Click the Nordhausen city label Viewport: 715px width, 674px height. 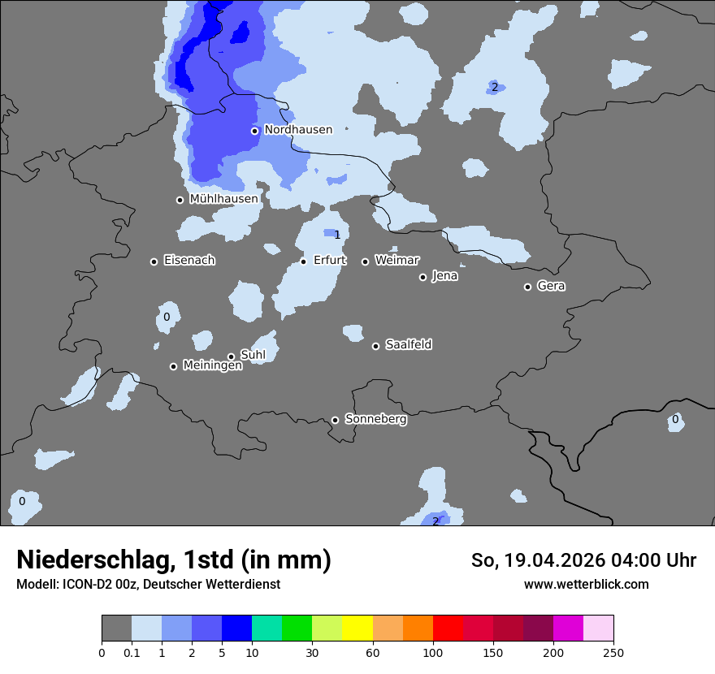tap(298, 130)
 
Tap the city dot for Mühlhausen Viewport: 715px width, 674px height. tap(180, 200)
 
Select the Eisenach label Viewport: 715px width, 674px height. tap(189, 261)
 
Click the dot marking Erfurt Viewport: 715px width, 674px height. tap(303, 261)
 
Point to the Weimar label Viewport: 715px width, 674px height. tap(396, 261)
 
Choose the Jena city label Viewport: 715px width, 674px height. tap(444, 276)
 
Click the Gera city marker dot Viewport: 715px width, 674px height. tap(527, 287)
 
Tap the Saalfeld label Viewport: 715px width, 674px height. tap(408, 345)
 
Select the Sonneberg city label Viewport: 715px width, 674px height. tap(375, 420)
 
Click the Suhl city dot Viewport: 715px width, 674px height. tap(231, 356)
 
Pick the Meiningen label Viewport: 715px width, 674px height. tap(212, 366)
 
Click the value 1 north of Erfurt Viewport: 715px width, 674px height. tap(337, 235)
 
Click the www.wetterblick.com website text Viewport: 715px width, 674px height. tap(586, 585)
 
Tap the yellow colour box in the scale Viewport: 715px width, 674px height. tap(357, 629)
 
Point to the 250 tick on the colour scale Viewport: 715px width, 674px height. tap(613, 652)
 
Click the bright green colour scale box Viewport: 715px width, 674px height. tap(297, 629)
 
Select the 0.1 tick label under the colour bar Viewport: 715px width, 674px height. tap(132, 652)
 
